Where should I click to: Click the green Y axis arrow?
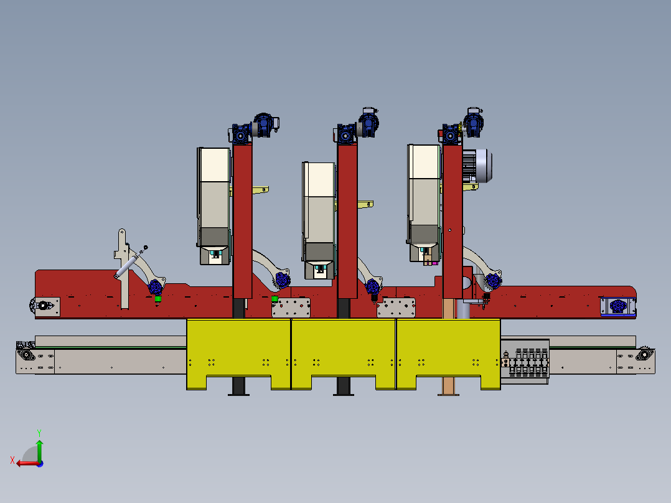coord(39,450)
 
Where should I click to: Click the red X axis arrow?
coord(27,463)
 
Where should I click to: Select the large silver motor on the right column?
coord(477,166)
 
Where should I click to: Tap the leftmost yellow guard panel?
coord(238,354)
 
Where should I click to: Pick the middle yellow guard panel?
coord(343,354)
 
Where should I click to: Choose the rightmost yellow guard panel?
coord(448,354)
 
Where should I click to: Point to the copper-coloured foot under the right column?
coord(448,386)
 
